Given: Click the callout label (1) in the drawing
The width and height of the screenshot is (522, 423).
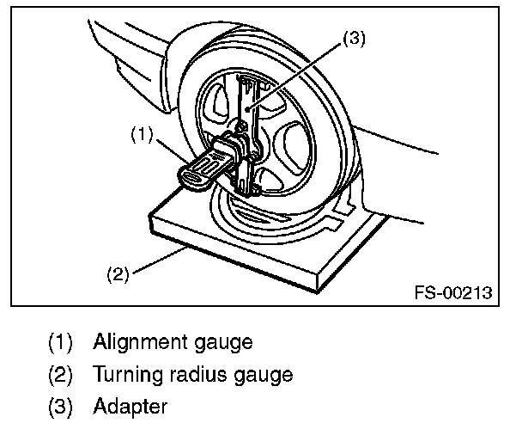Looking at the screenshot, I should pos(143,135).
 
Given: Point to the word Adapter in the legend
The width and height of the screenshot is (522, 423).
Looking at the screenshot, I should pos(131,405).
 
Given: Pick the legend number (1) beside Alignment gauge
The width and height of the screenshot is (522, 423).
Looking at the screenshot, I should pos(61,342).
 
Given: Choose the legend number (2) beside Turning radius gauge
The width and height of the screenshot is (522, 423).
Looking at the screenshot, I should pos(61,374).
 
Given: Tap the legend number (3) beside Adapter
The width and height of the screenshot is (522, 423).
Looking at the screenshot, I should pos(61,405).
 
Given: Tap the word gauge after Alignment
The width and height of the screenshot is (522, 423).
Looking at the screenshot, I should pos(224,342).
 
